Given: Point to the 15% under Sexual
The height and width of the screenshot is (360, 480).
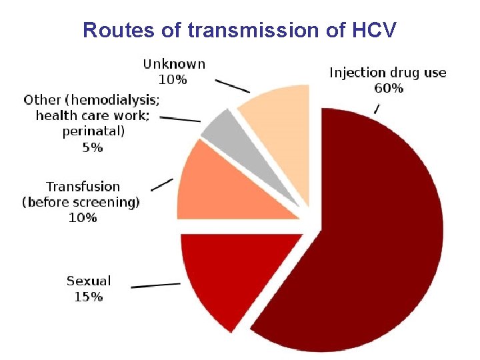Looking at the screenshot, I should [88, 297].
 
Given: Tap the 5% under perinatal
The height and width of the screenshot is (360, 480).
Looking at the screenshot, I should [92, 148].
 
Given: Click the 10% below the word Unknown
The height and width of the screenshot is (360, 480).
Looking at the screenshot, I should [173, 79].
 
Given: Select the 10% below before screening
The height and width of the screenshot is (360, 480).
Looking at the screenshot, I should [83, 217].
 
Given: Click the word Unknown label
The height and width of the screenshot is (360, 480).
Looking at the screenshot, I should [174, 64].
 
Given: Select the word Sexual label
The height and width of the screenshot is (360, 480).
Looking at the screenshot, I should [89, 281].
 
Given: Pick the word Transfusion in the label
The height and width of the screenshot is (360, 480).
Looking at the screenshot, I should [83, 187].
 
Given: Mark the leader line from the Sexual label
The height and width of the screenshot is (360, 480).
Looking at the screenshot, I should [155, 285].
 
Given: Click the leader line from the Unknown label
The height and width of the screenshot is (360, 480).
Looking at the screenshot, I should [232, 87].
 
